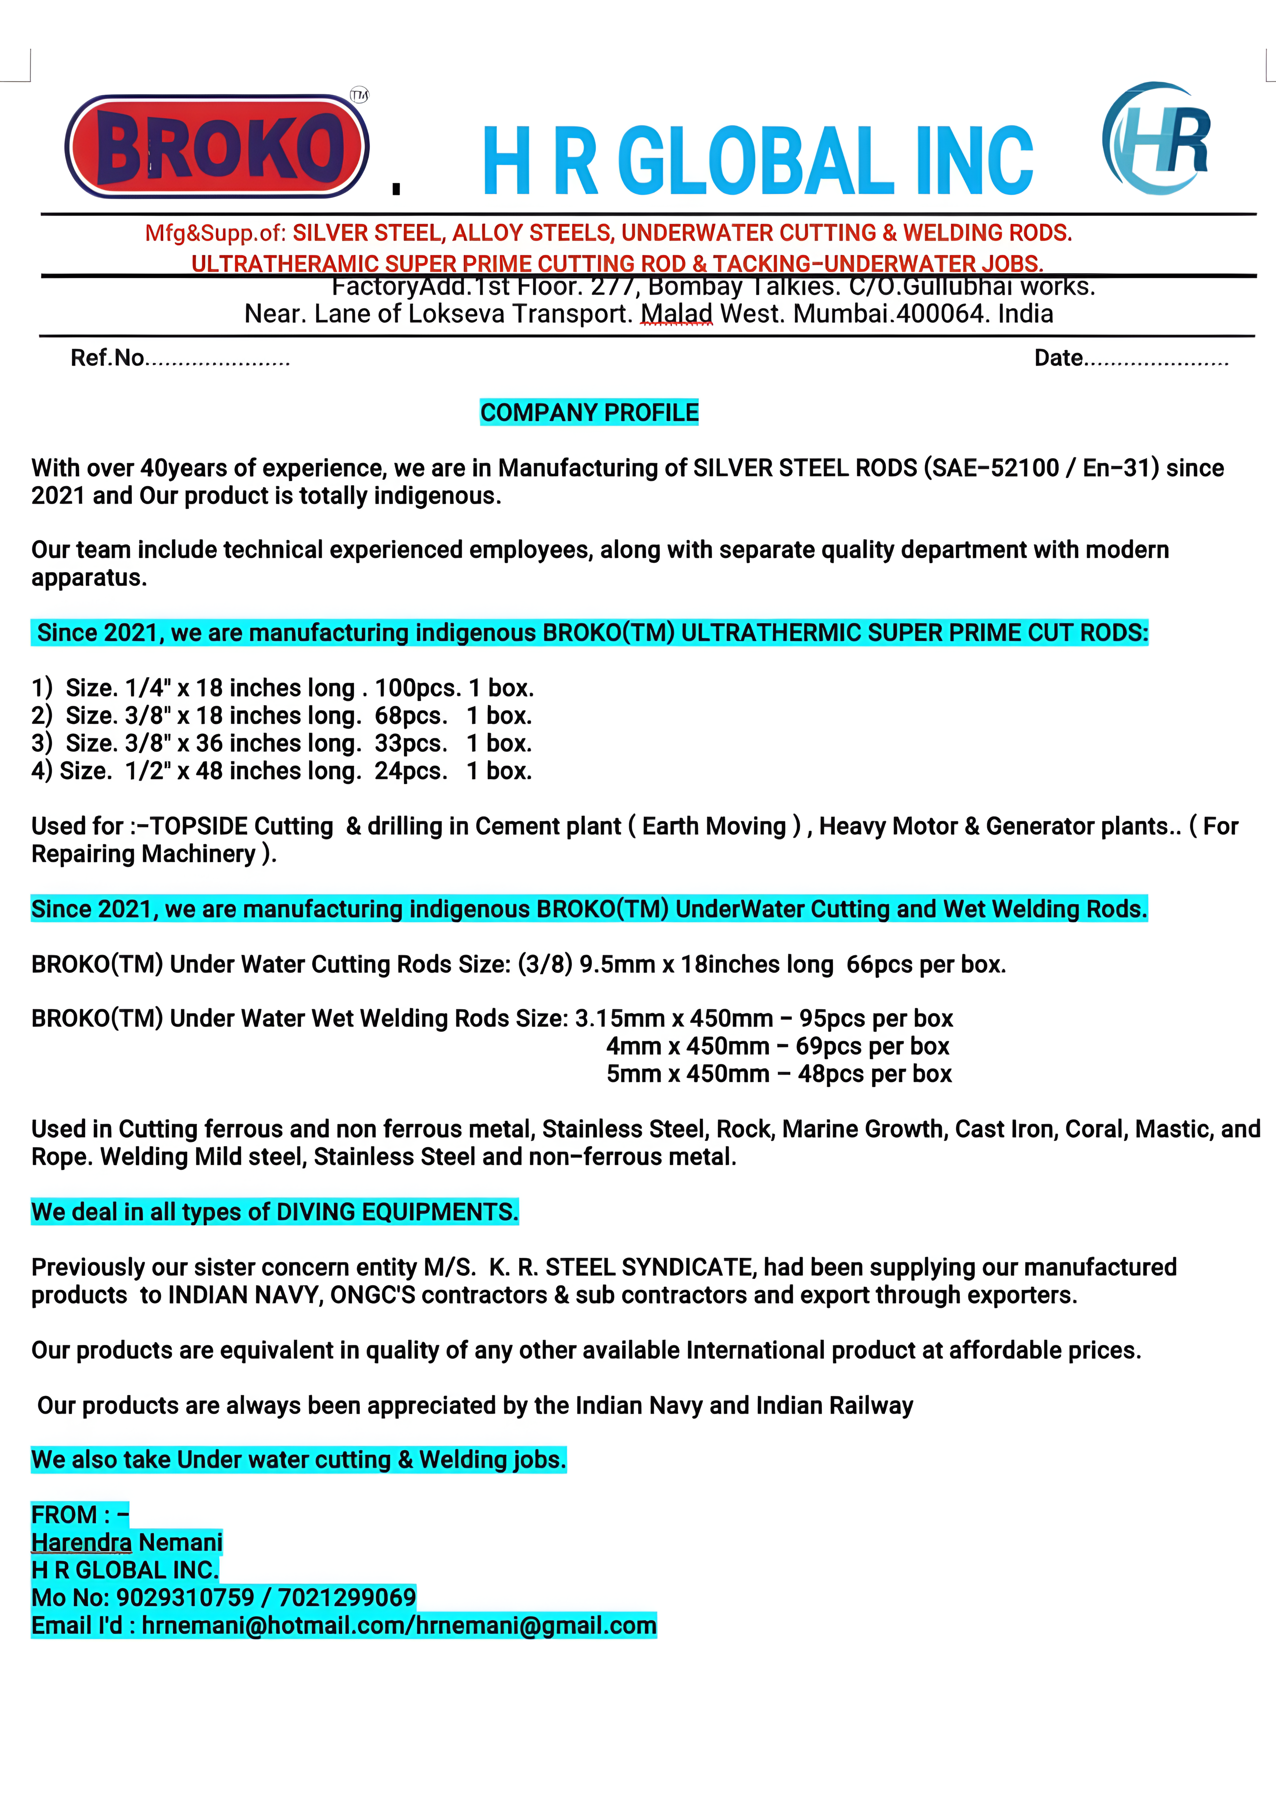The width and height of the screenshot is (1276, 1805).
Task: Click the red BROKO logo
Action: click(x=217, y=146)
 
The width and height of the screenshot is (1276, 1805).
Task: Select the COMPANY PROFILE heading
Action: click(x=589, y=413)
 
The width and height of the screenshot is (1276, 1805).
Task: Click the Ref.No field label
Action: click(x=107, y=358)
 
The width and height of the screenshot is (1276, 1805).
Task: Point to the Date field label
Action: click(x=1058, y=358)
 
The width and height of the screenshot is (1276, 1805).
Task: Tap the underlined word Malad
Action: click(x=676, y=314)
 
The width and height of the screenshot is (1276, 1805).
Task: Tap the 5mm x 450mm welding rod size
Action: click(x=688, y=1074)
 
